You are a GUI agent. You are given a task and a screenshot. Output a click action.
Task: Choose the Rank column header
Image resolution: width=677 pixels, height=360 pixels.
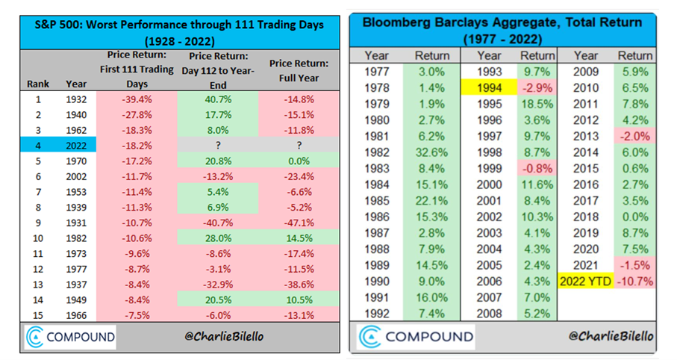point(38,84)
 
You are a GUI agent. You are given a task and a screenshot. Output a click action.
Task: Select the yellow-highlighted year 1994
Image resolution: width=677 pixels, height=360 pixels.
point(489,89)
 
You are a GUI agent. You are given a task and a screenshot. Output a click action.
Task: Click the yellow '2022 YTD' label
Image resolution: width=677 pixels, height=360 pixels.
point(585,283)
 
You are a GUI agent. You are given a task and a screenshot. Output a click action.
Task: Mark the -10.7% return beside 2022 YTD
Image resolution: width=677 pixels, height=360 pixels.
point(634,283)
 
